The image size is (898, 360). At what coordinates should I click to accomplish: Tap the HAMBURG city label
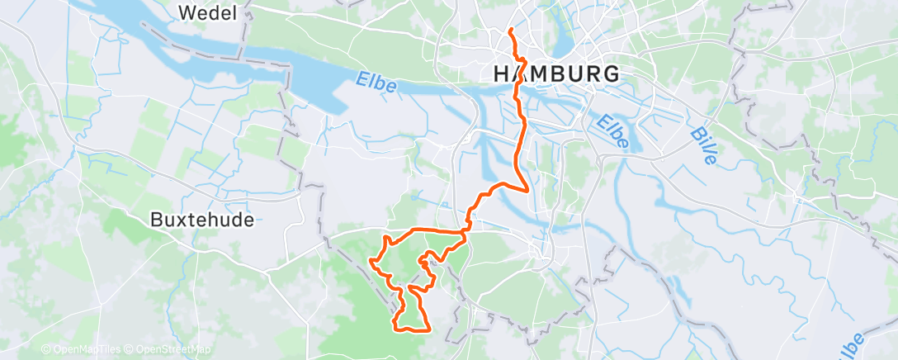click(556, 73)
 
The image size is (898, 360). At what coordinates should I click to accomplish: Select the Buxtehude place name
click(202, 220)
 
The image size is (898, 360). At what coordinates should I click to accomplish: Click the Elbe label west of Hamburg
click(377, 83)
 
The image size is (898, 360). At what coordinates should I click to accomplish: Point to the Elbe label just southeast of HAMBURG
click(614, 131)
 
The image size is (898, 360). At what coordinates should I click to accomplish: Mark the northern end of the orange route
click(510, 30)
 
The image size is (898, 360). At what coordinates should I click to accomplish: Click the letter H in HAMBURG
click(501, 73)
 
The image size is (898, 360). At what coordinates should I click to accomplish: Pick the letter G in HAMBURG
click(611, 73)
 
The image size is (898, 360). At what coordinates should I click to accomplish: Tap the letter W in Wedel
click(187, 12)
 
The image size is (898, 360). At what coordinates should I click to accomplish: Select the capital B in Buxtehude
click(157, 220)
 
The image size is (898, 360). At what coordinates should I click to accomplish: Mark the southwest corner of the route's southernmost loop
click(400, 328)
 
